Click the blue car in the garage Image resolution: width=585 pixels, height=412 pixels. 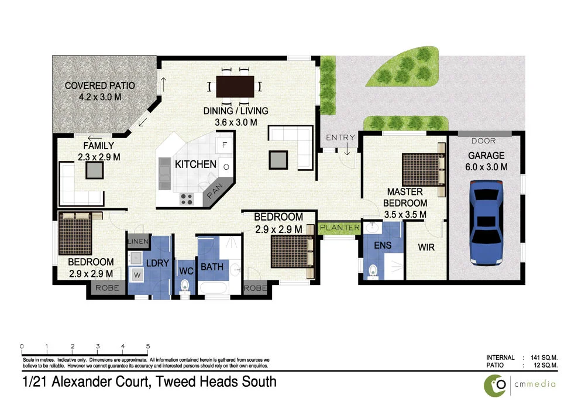point(486,222)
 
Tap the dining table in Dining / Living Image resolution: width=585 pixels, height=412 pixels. point(235,87)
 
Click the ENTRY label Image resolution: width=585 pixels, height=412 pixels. point(340,138)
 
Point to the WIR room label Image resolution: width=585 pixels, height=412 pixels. point(426,248)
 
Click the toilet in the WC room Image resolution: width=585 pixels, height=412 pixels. point(185,286)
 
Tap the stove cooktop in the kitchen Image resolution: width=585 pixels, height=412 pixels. point(187,199)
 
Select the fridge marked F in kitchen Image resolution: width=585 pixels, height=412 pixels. point(225,144)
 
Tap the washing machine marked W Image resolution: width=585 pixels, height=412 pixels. point(138,273)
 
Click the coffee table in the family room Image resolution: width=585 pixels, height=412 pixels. point(94,170)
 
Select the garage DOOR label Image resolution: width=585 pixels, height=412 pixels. point(483,141)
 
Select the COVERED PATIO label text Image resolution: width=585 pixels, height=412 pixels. point(99,85)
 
